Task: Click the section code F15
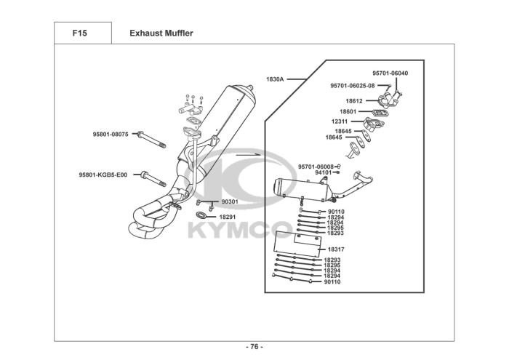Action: pos(79,33)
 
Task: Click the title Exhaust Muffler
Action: pos(161,33)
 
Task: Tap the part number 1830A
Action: pos(276,77)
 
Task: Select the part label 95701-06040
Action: pos(390,73)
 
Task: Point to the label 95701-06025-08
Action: pos(353,85)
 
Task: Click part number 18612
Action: pos(354,100)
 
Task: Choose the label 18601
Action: pos(350,111)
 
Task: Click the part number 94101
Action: pos(324,172)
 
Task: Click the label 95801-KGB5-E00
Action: pos(103,175)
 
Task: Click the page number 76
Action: pos(254,346)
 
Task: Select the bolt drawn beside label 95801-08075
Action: pos(151,137)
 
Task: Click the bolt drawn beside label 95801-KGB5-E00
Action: pos(152,175)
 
